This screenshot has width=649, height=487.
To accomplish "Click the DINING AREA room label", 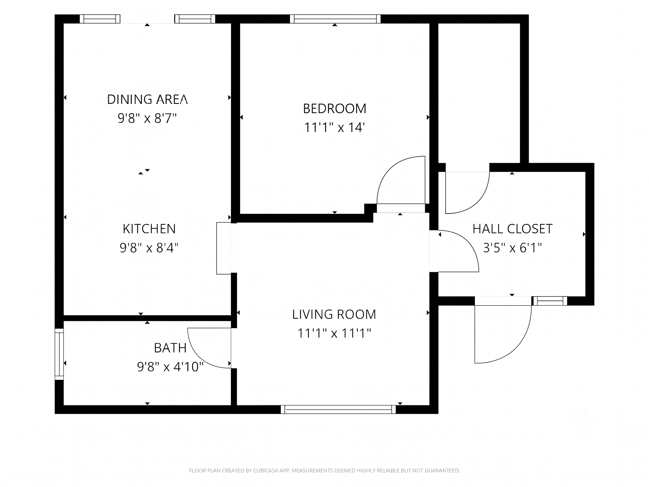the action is (x=147, y=99).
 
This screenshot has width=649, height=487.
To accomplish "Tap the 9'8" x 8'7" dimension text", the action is (x=147, y=118).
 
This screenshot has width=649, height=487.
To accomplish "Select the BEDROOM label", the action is (x=335, y=109).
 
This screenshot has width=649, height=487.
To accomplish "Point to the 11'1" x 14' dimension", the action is (x=335, y=127).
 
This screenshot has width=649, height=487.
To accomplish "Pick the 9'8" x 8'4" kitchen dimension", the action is (x=149, y=248).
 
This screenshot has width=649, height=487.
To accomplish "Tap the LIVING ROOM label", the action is (x=334, y=314).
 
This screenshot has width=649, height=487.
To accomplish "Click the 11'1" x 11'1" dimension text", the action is (x=334, y=333).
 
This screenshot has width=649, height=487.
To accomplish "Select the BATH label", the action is (x=170, y=348).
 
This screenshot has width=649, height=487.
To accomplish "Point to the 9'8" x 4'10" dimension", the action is (x=170, y=367).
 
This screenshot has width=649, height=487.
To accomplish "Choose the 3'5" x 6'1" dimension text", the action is (x=512, y=248).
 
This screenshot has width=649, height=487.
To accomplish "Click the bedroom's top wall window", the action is (x=335, y=19).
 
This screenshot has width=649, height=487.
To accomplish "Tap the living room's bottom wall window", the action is (x=338, y=410).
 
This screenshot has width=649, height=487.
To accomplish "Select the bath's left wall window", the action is (x=59, y=354).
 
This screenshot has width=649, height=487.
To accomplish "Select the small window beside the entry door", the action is (x=550, y=301).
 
